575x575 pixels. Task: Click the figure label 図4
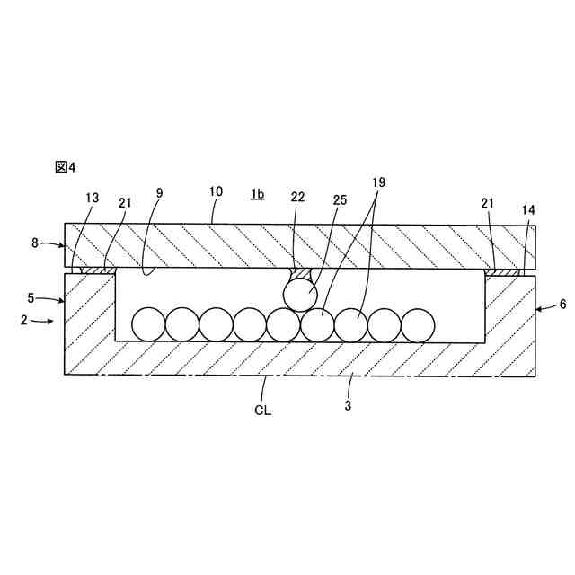coord(66,167)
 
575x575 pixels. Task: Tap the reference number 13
coord(93,199)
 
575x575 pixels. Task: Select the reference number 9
coord(159,192)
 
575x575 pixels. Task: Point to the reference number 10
coord(216,192)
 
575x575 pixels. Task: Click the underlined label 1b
coord(257,193)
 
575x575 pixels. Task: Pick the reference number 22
coord(298,198)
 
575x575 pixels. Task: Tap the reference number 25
coord(341,199)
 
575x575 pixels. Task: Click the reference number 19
coord(378,182)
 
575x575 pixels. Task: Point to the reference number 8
coord(36,243)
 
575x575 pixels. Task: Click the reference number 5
coord(31,297)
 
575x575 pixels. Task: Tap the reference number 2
coord(24,320)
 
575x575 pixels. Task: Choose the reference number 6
coord(562,305)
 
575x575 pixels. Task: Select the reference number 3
coord(348,406)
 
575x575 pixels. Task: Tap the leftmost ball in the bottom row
coord(148,324)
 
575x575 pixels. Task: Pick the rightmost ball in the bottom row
coord(417,324)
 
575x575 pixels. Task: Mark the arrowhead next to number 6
coord(539,308)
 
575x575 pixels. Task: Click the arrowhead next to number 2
coord(51,321)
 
